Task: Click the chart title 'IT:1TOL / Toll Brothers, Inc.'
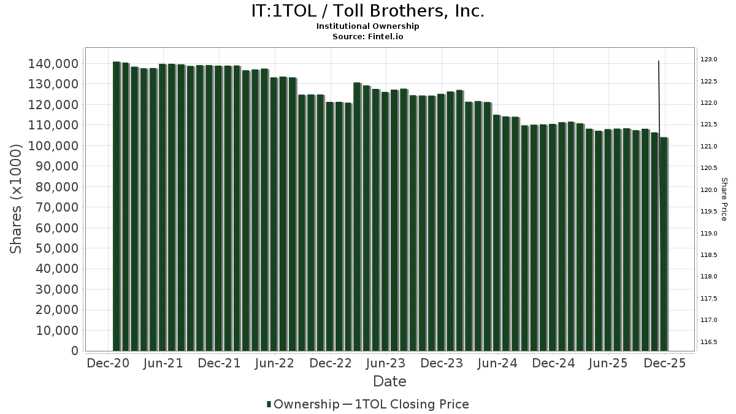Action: [x=368, y=11]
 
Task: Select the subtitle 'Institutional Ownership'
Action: [x=368, y=26]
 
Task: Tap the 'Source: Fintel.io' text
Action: [x=368, y=36]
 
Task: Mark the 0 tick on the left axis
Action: [x=75, y=351]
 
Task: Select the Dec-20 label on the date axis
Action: [x=108, y=363]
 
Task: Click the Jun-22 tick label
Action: [x=275, y=363]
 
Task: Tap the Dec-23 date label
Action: [x=442, y=363]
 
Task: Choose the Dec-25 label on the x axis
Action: [x=664, y=363]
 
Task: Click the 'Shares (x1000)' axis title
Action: [x=17, y=199]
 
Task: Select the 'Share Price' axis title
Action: [x=724, y=199]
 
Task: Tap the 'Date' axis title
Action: [x=390, y=381]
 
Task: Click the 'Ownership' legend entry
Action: [x=303, y=404]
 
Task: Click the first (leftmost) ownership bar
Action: [x=116, y=209]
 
